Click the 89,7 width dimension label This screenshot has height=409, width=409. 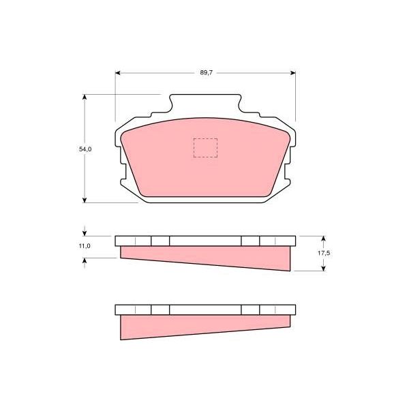click(207, 72)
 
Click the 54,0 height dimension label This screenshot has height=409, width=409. click(85, 149)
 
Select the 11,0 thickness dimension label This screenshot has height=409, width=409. click(85, 245)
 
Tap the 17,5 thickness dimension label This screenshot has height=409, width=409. click(324, 253)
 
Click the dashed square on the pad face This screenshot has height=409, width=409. click(205, 148)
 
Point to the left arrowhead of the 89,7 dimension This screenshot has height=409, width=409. click(118, 73)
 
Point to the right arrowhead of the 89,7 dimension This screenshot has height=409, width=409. click(293, 73)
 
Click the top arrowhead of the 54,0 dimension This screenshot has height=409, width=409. click(85, 97)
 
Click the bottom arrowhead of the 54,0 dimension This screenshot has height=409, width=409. click(85, 200)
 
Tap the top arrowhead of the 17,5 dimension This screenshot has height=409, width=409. click(323, 239)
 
